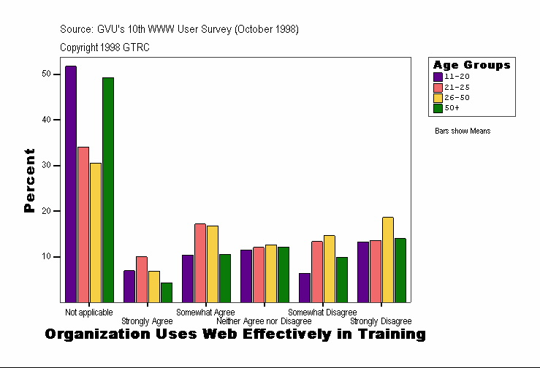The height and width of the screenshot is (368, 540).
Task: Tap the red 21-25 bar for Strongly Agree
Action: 142,279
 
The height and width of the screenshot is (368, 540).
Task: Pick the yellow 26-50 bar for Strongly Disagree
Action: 387,259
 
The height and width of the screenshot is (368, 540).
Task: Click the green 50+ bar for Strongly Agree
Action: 167,292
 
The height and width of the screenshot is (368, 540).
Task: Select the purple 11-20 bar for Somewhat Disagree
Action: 305,287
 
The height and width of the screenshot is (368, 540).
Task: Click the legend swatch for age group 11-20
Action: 438,77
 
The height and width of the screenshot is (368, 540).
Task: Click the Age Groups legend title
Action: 471,65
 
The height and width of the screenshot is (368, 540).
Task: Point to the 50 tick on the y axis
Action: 46,74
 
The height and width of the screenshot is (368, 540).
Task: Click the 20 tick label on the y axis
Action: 46,211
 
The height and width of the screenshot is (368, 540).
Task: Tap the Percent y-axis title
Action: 30,180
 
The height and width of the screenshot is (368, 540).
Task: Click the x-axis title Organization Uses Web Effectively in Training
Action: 235,334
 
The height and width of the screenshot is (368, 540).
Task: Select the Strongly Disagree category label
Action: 381,321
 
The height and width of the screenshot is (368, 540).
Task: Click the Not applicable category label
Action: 88,313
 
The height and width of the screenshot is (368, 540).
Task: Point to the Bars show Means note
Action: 463,131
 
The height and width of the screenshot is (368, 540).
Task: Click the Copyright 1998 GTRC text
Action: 104,47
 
